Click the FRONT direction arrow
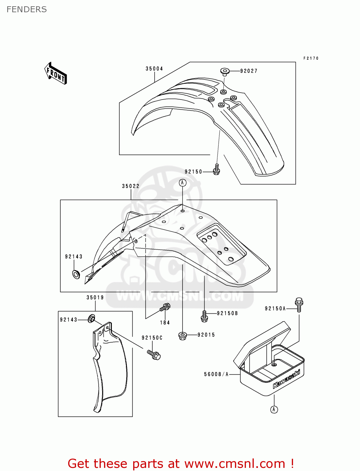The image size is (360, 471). (56, 73)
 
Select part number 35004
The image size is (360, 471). (154, 69)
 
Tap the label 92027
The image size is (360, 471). (249, 71)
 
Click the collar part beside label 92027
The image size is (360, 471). (224, 72)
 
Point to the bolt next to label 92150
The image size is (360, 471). (216, 169)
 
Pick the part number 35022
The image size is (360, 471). (131, 186)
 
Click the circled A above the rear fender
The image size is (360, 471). (183, 183)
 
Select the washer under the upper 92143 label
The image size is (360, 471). (76, 274)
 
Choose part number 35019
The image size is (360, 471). (95, 298)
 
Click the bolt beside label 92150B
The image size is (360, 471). (204, 316)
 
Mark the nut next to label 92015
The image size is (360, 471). (183, 336)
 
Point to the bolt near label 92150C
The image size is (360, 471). (154, 355)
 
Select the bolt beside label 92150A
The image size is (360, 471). (299, 304)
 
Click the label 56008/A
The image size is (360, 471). (216, 374)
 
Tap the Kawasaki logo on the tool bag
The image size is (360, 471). (286, 379)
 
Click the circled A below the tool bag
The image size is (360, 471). (274, 409)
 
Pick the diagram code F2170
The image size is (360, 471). (311, 58)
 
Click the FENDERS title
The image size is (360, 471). (27, 10)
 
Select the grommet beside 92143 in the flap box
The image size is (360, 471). (91, 319)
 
